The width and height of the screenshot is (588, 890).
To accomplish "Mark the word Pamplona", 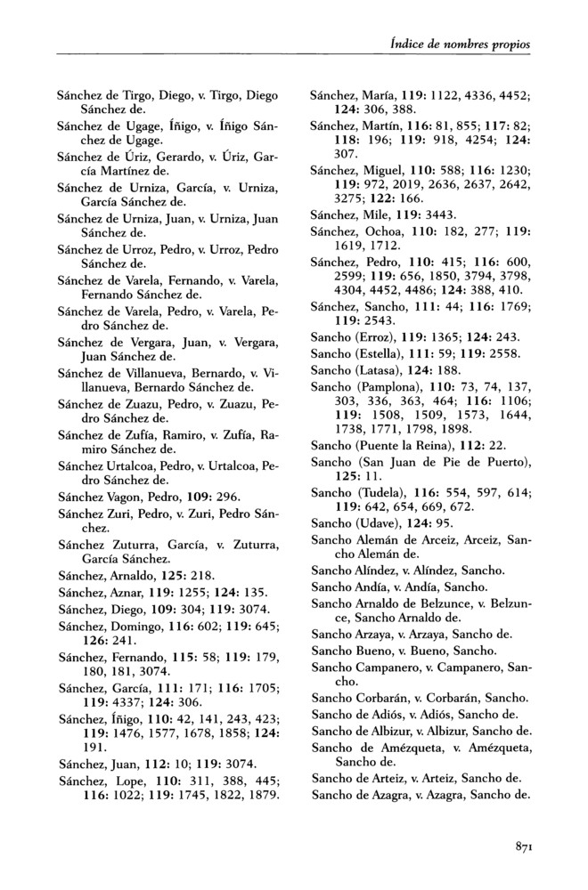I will [387, 388].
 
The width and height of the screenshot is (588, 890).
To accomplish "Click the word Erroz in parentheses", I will [375, 340].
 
